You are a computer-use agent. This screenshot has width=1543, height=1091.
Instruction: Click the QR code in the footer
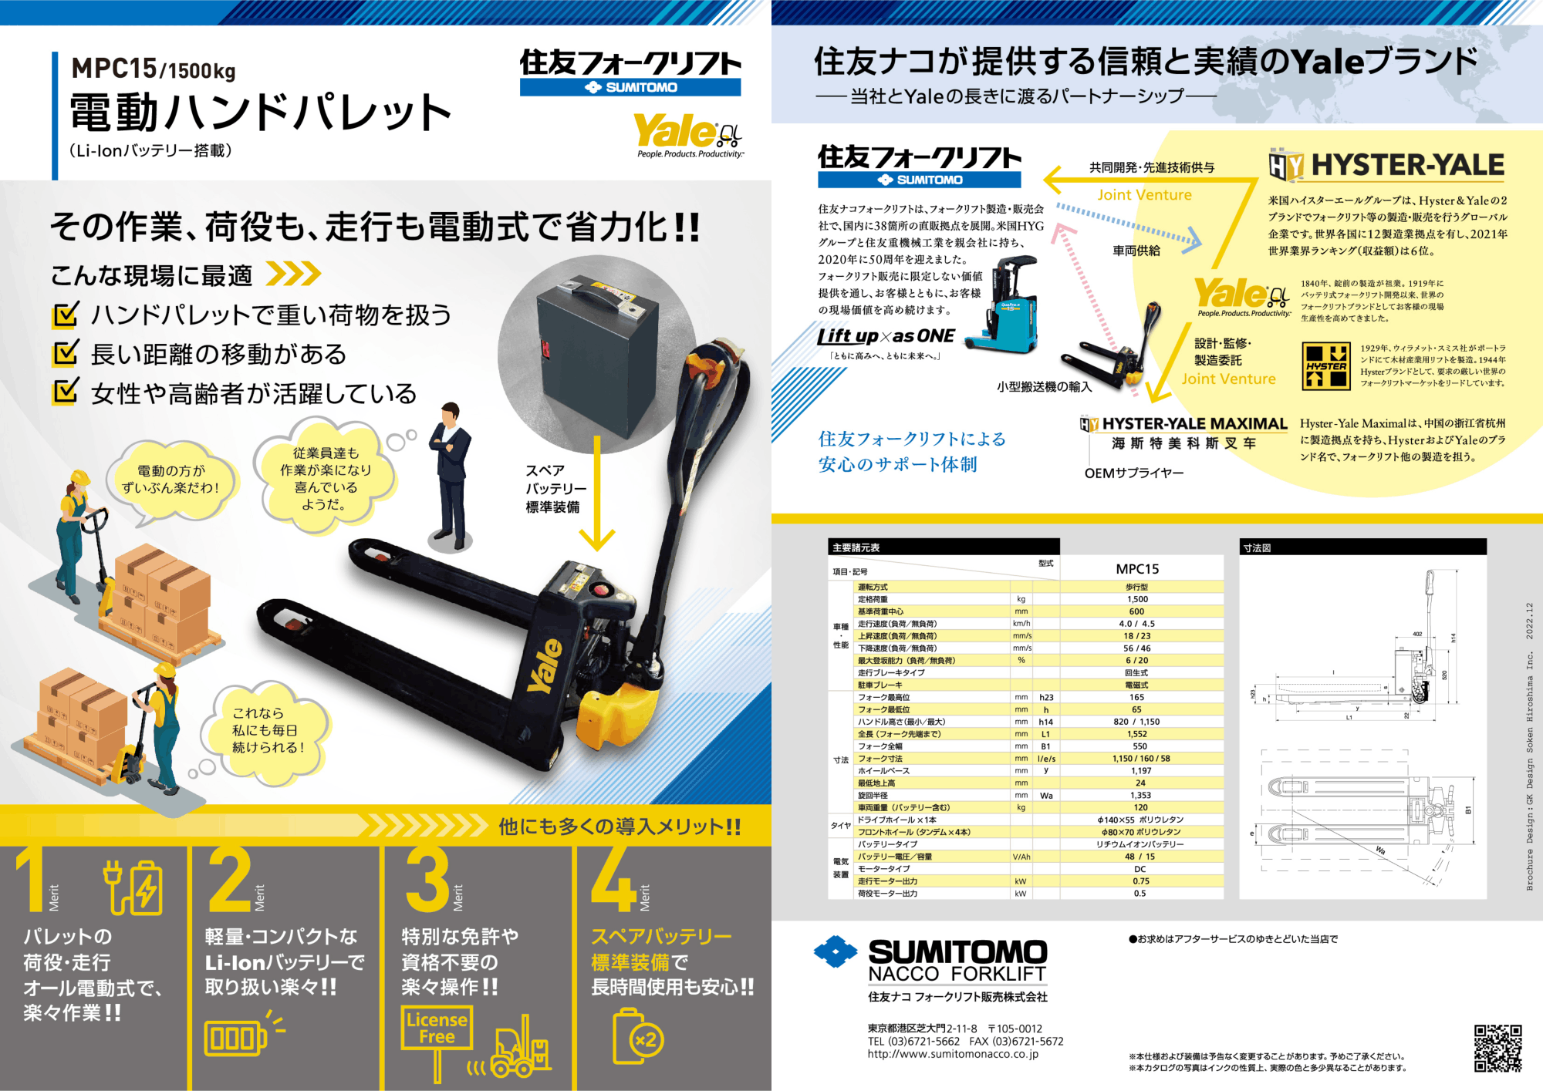(1497, 1048)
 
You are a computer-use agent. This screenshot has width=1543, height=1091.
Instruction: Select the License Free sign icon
(437, 1029)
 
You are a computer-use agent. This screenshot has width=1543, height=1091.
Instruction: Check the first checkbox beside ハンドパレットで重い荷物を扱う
(65, 315)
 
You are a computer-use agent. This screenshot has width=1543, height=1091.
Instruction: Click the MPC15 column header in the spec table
(1137, 569)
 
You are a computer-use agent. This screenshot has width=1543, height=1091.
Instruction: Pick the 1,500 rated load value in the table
(1137, 599)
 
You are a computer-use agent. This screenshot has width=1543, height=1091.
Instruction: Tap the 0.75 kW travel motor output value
(1140, 881)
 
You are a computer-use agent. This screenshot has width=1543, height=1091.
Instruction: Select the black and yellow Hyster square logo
(1326, 365)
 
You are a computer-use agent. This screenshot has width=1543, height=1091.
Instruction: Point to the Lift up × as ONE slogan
(886, 336)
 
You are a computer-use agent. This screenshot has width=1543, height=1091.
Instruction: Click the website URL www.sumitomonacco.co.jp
(953, 1054)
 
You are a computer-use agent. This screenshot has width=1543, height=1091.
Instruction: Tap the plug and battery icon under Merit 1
(133, 887)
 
